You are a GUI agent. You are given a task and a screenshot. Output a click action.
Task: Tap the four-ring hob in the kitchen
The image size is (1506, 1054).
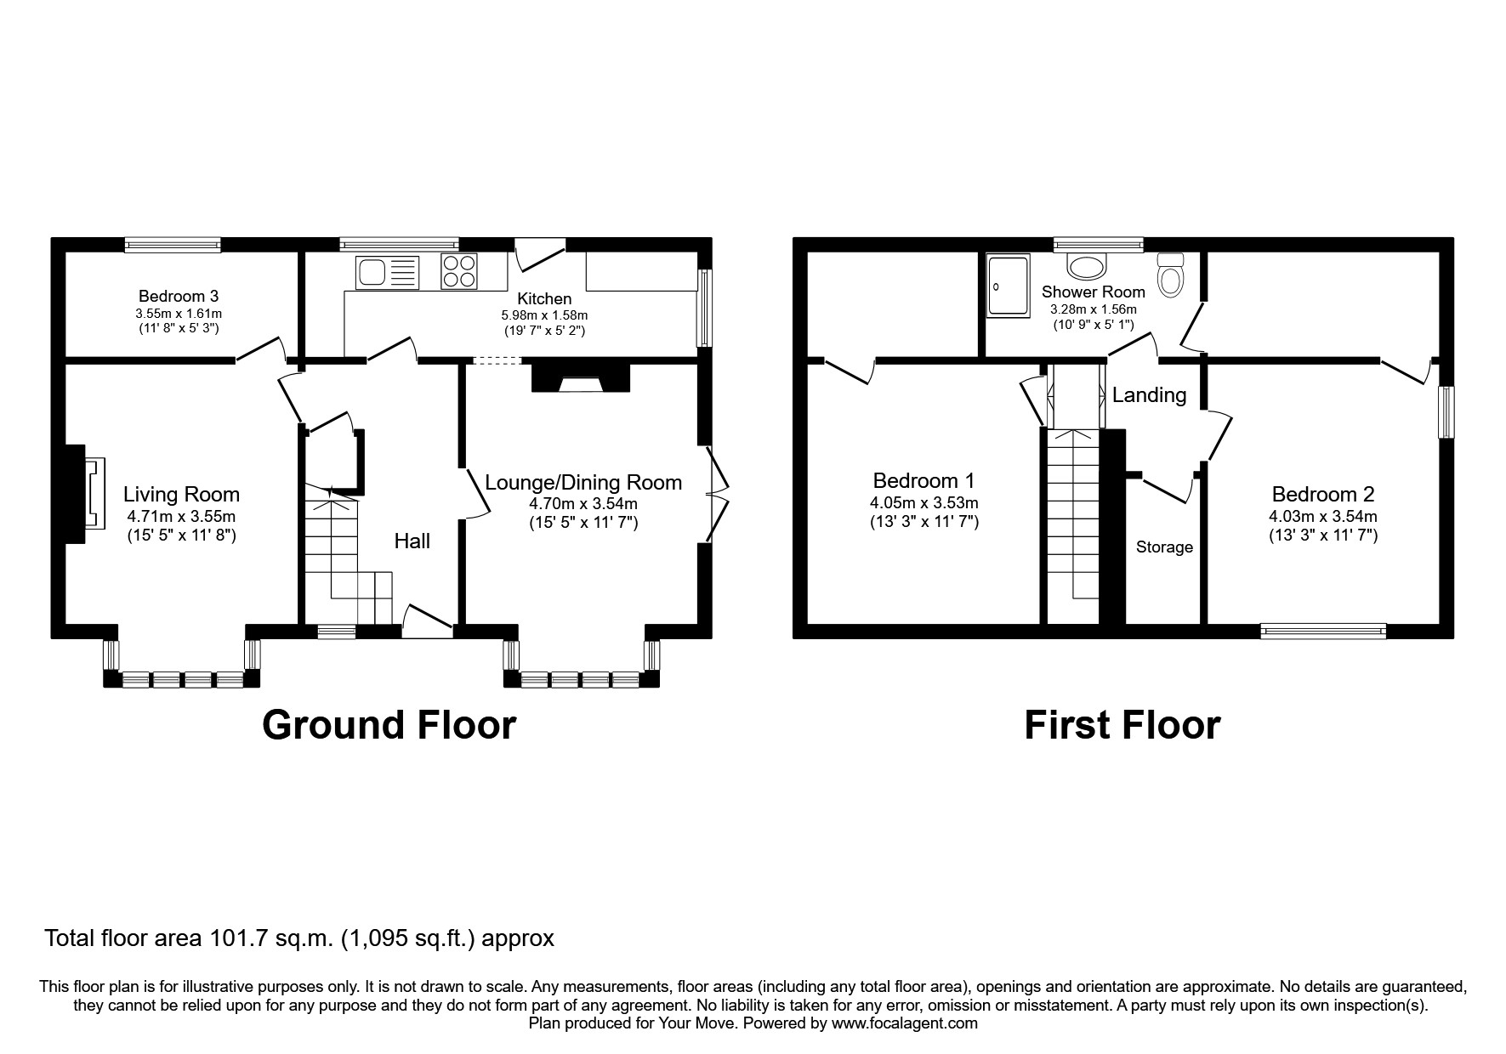click(459, 272)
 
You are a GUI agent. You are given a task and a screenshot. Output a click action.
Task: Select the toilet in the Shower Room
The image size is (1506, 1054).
click(1171, 276)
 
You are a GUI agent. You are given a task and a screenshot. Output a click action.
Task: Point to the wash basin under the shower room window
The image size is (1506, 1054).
click(1086, 266)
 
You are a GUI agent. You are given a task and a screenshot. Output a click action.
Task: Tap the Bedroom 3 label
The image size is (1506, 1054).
click(179, 297)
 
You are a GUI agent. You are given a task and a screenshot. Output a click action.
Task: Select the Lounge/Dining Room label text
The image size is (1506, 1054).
click(583, 483)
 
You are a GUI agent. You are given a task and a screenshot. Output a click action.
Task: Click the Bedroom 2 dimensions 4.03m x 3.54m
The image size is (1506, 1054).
click(1322, 516)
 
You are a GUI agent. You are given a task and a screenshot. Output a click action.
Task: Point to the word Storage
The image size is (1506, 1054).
click(1164, 547)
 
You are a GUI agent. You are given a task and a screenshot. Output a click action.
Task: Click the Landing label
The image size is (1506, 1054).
click(1149, 395)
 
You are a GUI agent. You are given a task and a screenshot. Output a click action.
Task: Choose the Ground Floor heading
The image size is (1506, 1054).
click(389, 725)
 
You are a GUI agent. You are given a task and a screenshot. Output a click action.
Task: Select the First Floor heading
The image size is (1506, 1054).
click(1122, 725)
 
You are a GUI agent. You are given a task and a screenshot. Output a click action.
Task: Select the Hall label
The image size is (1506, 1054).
click(412, 541)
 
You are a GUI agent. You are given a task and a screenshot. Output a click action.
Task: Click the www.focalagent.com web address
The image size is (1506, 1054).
click(904, 1023)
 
